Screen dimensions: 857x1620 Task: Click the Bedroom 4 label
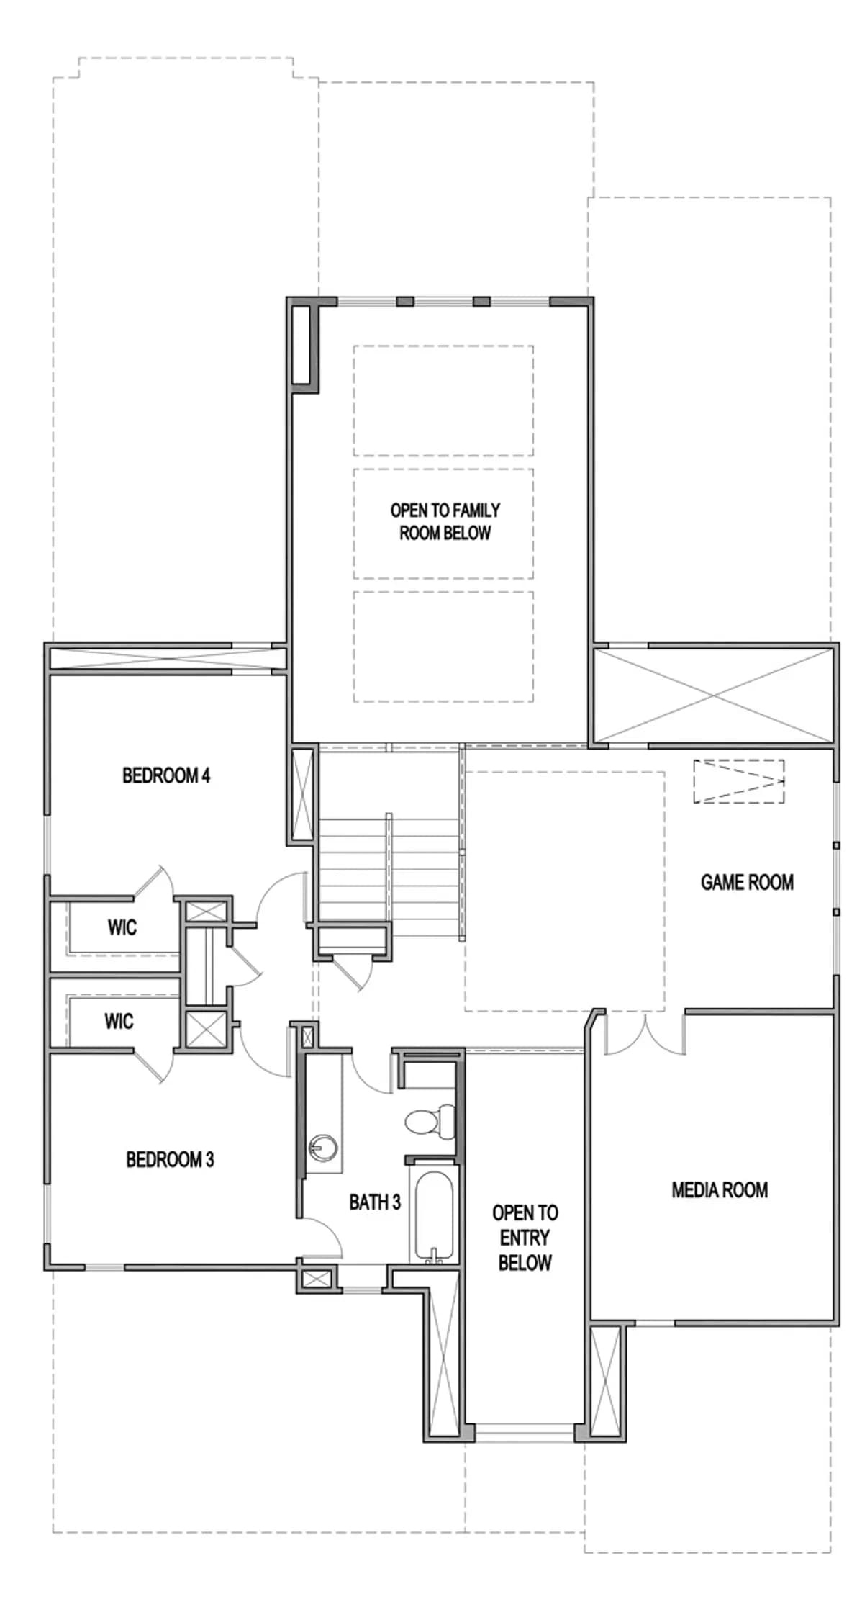(x=166, y=775)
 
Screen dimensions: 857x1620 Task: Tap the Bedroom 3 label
(x=170, y=1159)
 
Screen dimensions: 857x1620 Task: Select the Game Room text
(x=747, y=882)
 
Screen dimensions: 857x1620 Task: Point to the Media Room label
(x=720, y=1190)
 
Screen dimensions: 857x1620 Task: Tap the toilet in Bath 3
(x=430, y=1121)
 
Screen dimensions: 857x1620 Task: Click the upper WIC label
(x=122, y=927)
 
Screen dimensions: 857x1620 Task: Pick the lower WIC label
(x=119, y=1021)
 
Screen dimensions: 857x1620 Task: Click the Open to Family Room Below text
(x=445, y=522)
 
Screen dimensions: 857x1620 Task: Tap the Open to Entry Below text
(x=525, y=1238)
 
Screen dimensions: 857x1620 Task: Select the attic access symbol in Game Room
(x=739, y=781)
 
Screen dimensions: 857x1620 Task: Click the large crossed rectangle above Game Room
(x=714, y=695)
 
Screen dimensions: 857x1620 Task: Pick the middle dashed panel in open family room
(x=443, y=523)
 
